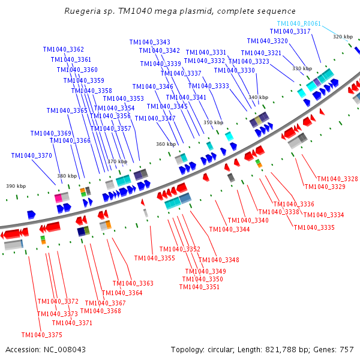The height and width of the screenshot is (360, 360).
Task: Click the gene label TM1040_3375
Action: tap(41, 335)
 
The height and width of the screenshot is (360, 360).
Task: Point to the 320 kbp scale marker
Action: tap(343, 37)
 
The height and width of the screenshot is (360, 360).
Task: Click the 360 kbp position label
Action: tap(166, 144)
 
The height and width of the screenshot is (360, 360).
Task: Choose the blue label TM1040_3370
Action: tap(31, 155)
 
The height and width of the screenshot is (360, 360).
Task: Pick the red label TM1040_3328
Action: tap(337, 179)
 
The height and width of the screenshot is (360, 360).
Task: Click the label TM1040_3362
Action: tap(64, 49)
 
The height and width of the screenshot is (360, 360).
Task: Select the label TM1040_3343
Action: tap(149, 42)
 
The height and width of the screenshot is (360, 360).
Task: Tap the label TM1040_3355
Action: tap(155, 258)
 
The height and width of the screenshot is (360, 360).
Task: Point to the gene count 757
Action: tap(346, 349)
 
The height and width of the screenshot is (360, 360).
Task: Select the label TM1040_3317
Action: tap(290, 31)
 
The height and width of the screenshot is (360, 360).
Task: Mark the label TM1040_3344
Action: tap(230, 229)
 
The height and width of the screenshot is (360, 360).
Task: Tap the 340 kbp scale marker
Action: tap(258, 97)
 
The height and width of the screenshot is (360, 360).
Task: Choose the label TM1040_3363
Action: tap(133, 283)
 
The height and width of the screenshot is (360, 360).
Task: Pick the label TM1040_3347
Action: tap(155, 118)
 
